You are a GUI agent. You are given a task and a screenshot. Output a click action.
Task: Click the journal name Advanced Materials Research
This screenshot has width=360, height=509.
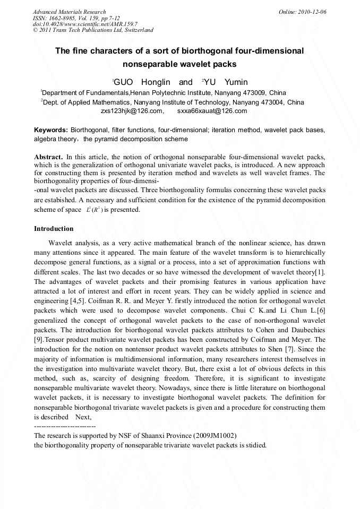click(x=69, y=12)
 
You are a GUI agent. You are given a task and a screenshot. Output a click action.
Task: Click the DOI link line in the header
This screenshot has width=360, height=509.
click(x=85, y=24)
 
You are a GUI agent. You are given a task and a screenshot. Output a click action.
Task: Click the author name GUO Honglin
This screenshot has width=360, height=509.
click(x=141, y=82)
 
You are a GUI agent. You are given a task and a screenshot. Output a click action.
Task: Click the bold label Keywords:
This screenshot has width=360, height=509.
click(x=51, y=130)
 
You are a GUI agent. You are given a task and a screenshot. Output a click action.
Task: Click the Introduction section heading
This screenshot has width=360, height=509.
click(x=54, y=229)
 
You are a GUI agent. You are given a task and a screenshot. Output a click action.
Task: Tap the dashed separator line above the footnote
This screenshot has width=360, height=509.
click(x=64, y=426)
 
